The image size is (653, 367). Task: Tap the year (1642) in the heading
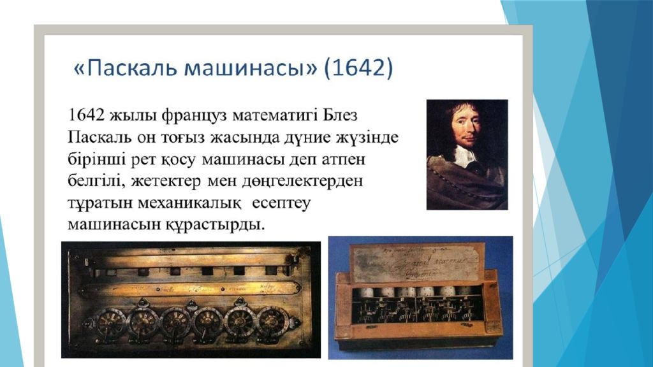(358, 68)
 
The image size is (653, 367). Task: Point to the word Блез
(340, 115)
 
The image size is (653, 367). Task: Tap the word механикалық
(189, 203)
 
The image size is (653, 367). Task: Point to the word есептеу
(281, 204)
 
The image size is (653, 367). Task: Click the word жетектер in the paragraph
(166, 182)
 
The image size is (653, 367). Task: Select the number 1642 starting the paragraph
(86, 115)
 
